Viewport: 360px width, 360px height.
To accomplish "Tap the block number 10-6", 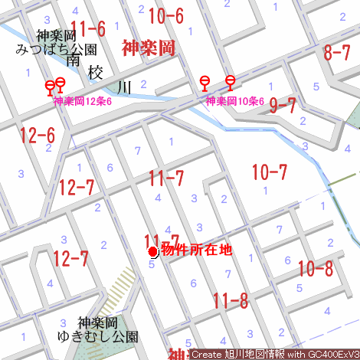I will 165,15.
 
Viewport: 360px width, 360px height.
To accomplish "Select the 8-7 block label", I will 337,52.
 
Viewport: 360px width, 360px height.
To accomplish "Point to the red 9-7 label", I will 282,106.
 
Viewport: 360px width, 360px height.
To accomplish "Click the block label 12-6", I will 38,136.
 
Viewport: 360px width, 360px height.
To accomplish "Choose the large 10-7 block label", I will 269,172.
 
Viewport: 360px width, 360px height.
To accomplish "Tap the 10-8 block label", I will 316,269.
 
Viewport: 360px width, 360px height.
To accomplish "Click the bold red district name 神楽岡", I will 149,48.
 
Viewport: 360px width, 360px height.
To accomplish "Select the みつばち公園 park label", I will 57,49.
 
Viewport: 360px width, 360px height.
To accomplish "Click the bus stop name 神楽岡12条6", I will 83,101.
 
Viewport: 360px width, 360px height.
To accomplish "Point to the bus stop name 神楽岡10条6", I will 234,101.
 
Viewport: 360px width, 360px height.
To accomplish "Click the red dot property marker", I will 152,251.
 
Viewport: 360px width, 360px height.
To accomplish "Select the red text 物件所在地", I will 195,250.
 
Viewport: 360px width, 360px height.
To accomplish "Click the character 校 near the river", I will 96,73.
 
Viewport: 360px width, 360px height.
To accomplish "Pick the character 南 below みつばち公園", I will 73,60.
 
